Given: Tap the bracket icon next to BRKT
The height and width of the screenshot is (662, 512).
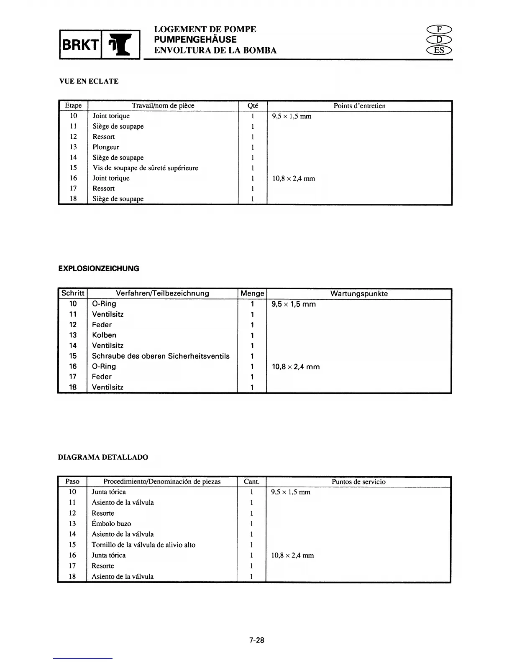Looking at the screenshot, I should [x=121, y=44].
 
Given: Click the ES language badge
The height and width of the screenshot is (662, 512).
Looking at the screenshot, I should [x=439, y=51].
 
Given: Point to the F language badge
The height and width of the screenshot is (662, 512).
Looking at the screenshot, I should [x=439, y=29].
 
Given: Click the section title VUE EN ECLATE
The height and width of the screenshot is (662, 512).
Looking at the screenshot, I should [x=89, y=81].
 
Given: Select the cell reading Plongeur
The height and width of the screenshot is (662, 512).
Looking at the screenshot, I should [x=106, y=147].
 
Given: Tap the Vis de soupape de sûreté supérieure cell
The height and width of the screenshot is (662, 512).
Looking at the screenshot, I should [x=145, y=168].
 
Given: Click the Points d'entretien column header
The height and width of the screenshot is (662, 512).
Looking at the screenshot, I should [x=359, y=106].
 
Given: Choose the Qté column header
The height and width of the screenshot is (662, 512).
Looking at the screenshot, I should [x=253, y=106].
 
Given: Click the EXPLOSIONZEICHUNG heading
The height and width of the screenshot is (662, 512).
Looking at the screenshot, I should [x=99, y=269].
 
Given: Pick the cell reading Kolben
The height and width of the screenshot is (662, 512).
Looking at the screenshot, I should [x=104, y=335].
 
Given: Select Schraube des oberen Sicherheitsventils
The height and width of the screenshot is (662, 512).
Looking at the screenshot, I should [x=161, y=356].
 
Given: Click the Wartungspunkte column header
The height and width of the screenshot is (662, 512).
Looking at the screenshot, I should [x=359, y=293].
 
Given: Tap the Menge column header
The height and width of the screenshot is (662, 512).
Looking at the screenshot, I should [x=252, y=293].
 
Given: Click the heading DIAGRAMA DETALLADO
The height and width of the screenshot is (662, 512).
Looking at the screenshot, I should [x=103, y=457].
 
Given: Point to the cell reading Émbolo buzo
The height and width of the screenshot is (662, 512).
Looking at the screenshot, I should [x=111, y=524].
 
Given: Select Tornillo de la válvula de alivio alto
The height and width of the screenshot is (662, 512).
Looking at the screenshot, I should [x=143, y=545].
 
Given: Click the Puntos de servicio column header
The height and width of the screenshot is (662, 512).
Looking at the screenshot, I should [x=358, y=482].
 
